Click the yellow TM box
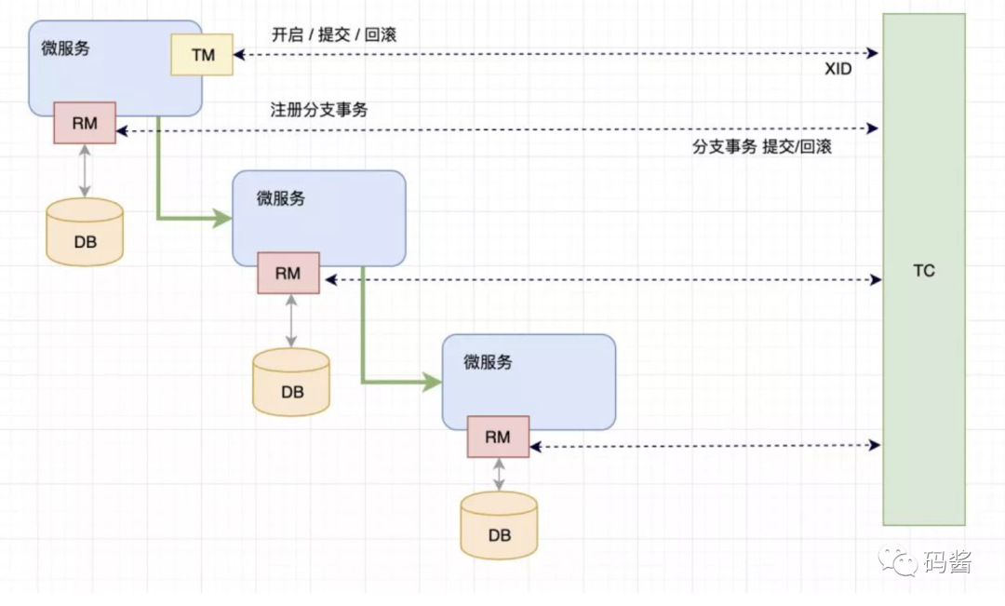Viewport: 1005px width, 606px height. [202, 55]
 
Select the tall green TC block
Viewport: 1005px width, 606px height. [924, 270]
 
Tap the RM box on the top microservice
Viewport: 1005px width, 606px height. [84, 123]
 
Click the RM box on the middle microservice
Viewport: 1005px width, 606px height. [288, 273]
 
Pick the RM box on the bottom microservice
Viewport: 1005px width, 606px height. [498, 437]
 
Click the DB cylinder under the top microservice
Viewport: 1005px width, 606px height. [85, 233]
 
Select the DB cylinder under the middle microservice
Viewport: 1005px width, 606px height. [291, 382]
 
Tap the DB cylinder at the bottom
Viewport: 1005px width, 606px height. [499, 525]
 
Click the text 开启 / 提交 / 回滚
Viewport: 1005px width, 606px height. [334, 34]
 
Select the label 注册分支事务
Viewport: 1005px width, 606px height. [319, 110]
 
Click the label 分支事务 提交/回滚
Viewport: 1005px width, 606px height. [761, 147]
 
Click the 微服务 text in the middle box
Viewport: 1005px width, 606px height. [281, 198]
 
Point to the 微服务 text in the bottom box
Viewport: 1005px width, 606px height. [489, 362]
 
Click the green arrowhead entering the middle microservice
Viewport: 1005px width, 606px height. [223, 219]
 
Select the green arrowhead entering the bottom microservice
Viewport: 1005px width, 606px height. [432, 382]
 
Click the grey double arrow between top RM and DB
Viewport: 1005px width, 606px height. [85, 170]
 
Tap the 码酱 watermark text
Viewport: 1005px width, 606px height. [948, 562]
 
